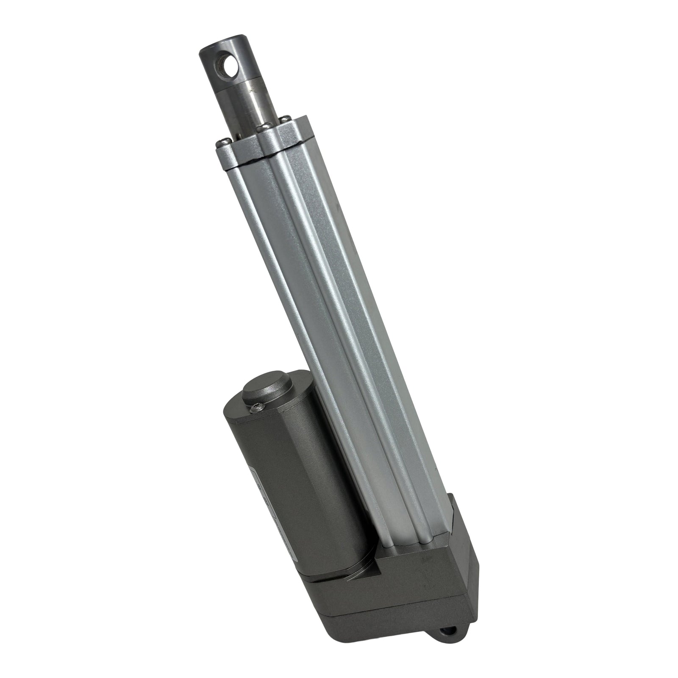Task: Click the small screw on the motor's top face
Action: click(256, 409)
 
